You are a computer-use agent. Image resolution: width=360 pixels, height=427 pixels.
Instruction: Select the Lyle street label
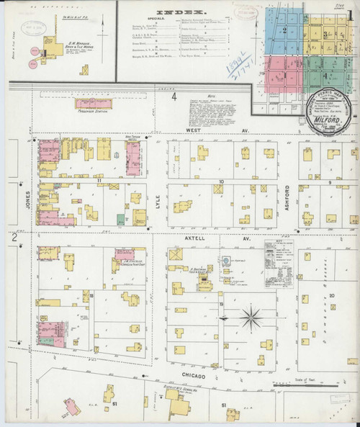click(157, 190)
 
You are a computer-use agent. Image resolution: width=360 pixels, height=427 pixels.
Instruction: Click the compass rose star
click(252, 315)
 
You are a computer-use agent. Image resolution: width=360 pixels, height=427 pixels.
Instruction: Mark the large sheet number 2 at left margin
click(14, 237)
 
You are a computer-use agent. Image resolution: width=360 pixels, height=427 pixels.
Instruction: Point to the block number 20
click(331, 296)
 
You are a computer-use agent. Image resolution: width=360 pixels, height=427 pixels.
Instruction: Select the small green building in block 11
click(120, 219)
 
